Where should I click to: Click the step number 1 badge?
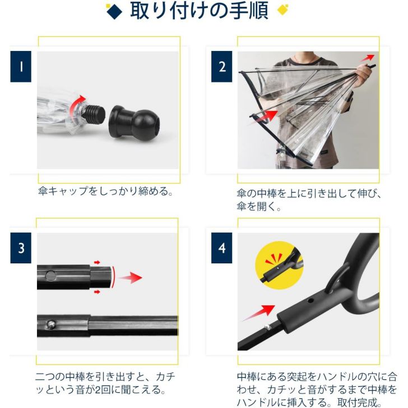21,67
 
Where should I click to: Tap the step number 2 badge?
222,67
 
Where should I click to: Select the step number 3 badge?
21,248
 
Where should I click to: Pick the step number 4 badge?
222,248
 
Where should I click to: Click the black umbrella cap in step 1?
135,123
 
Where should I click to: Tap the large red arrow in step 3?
130,277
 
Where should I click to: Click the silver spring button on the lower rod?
51,324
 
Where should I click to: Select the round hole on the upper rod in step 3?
50,276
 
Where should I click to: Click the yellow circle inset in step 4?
280,265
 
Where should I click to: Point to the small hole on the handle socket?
310,301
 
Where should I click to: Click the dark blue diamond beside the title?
114,11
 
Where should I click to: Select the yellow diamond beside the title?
283,10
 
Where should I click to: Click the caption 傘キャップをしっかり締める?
105,191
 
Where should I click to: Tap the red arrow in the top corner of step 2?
368,58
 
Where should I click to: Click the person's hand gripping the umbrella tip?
364,75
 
